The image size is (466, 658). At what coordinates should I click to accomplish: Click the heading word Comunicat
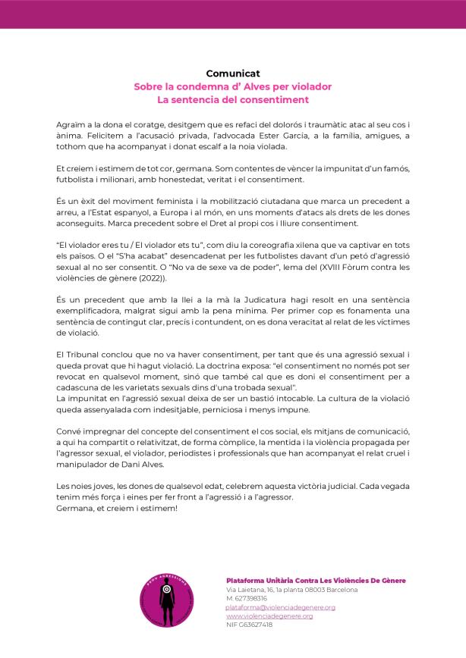232,74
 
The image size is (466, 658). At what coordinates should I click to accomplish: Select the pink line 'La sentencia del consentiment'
232,99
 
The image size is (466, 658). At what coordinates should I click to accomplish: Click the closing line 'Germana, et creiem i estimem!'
117,508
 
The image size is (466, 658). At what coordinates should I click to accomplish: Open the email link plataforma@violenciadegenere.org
281,607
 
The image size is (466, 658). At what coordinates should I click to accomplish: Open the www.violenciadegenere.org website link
269,616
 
